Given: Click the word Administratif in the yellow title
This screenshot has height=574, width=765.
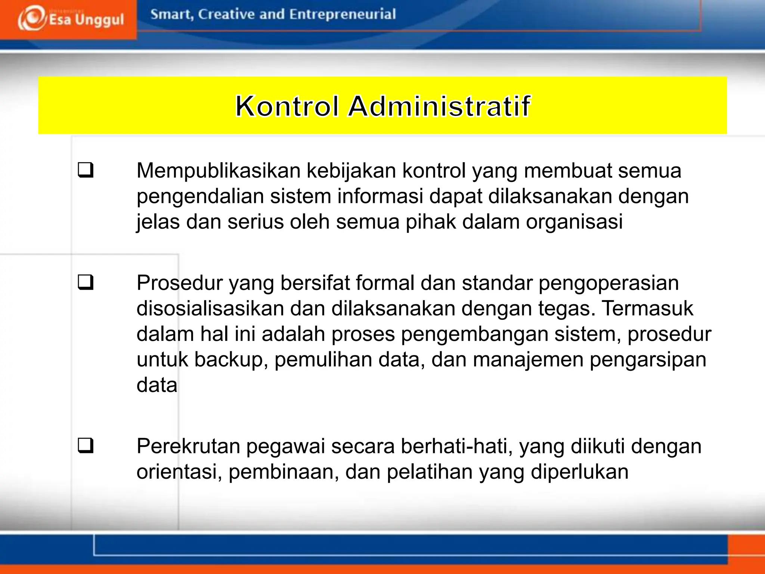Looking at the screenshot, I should coord(439,106).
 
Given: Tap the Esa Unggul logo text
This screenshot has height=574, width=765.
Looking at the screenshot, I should coord(86,19).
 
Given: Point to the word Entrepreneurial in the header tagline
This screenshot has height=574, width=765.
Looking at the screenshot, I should coord(342,14).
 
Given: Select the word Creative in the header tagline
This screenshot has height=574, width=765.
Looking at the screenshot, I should coord(227,14).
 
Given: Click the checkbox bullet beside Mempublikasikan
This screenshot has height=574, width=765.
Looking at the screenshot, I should coord(86,170).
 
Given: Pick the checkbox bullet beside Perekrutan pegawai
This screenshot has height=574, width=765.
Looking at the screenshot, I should coord(86,445).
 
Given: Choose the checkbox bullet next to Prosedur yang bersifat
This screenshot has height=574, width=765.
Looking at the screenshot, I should coord(86,282).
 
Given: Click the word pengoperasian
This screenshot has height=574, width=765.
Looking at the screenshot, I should coord(608,284).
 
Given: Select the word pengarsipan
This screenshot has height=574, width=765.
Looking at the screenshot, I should coord(648,360).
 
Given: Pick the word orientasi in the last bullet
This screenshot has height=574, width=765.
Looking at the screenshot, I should coord(179,472).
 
